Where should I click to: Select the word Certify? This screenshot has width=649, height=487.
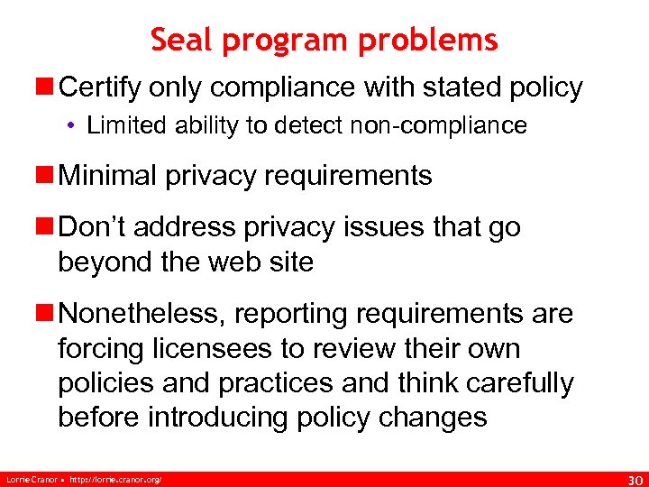pyautogui.click(x=98, y=88)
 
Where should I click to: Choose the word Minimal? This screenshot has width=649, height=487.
pyautogui.click(x=107, y=175)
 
